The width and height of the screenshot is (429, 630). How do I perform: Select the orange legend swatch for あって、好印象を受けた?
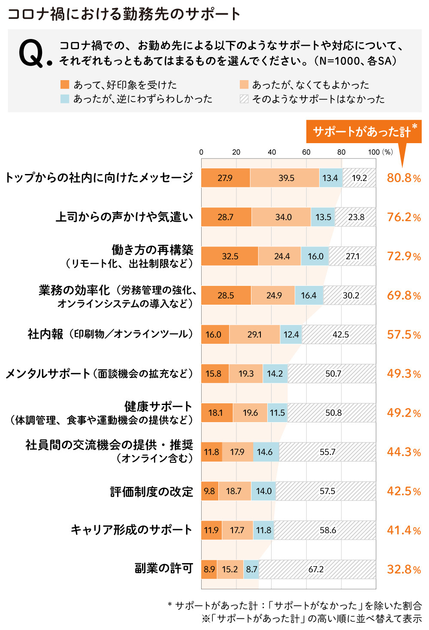point(65,85)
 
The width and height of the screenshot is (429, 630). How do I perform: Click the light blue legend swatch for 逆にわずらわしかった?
point(65,99)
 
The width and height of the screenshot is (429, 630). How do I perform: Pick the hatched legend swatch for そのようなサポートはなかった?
point(244,99)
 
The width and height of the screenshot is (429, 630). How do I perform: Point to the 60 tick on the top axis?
point(306,152)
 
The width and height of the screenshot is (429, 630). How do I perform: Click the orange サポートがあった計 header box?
point(363,132)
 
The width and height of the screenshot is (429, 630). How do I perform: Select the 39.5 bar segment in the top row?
point(285,178)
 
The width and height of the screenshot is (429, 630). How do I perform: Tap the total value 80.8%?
point(404,178)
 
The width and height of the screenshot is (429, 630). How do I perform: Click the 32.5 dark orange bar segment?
point(230,256)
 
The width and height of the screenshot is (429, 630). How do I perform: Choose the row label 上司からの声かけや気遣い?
point(124,217)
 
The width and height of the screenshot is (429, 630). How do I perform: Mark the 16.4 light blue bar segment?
point(309,295)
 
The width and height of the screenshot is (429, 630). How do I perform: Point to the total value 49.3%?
point(404,374)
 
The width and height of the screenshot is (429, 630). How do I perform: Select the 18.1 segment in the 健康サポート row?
point(217,413)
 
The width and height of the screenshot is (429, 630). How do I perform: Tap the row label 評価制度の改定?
point(151,492)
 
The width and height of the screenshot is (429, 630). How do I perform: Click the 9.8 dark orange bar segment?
point(210,491)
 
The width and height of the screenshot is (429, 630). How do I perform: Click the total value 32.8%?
point(404,569)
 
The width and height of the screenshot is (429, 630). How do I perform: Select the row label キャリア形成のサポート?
point(131,530)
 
